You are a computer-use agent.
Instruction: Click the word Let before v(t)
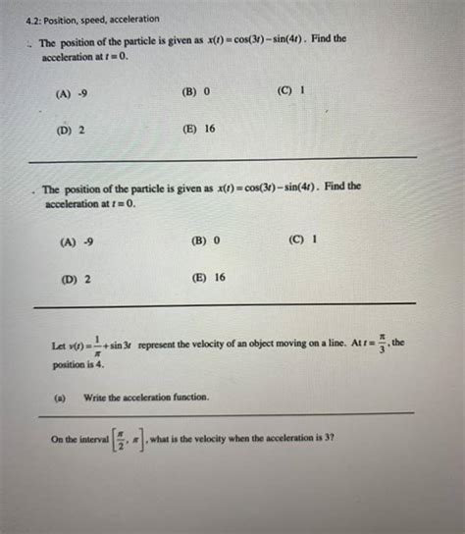(x=60, y=347)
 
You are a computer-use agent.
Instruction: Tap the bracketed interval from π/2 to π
(x=130, y=438)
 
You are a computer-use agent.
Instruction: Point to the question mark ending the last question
(x=334, y=436)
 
